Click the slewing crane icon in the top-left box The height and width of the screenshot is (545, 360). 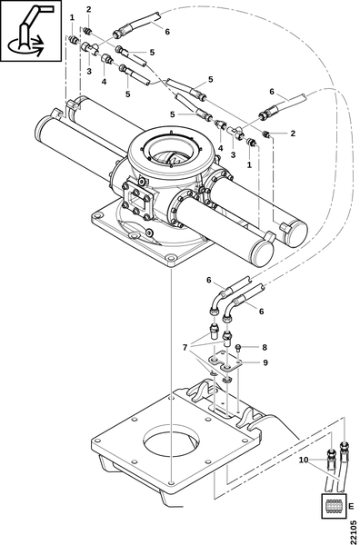coord(31,31)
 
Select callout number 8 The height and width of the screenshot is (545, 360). coord(265,347)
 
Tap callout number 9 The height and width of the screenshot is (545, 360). coord(265,362)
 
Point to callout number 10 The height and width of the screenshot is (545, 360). coord(304,460)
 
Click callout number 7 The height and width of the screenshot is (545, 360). coord(185,347)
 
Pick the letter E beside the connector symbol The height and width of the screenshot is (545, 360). coord(351,505)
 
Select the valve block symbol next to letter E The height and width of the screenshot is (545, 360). coord(334,506)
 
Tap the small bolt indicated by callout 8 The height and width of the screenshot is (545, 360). coord(238,347)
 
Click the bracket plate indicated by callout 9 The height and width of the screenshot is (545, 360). coord(225,362)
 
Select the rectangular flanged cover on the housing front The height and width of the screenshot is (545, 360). coord(136,201)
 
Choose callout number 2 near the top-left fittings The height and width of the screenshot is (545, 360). coord(89,10)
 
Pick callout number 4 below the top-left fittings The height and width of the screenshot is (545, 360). coord(104,82)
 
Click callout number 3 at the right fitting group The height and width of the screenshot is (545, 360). coord(233,154)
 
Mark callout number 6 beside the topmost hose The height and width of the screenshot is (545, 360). coord(167,32)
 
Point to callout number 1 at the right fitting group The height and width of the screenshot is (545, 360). coord(249,164)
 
